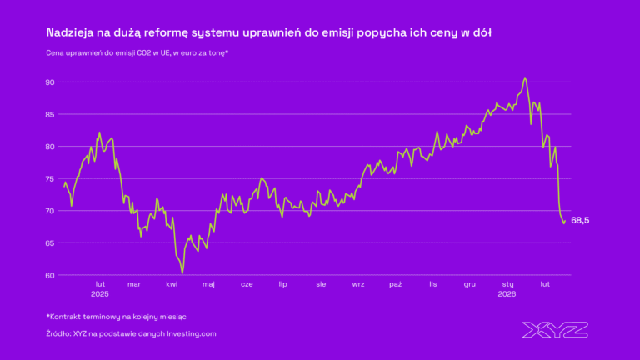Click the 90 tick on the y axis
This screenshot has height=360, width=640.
click(49, 82)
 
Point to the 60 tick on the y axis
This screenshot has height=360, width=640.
click(49, 275)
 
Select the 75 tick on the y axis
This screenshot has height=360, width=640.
click(49, 178)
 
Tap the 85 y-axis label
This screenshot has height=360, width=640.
click(49, 114)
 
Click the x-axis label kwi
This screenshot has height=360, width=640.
click(172, 284)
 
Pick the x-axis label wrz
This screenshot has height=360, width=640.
click(358, 284)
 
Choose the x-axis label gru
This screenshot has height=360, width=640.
click(470, 284)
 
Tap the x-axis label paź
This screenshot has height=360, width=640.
click(396, 284)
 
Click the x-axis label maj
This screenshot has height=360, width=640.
click(208, 284)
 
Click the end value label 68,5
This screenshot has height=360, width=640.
click(581, 220)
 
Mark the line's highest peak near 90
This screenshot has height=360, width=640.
click(525, 79)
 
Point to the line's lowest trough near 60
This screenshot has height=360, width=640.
click(182, 272)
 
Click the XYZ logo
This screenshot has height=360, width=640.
click(554, 329)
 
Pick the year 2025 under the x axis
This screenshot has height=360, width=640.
click(100, 294)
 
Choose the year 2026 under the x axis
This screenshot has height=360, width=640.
click(507, 294)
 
